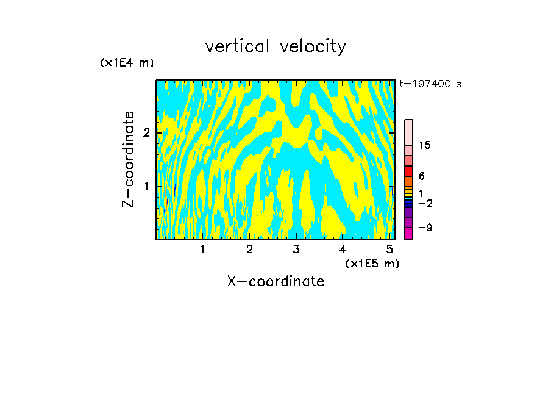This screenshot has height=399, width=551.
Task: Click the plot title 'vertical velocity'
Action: click(275, 46)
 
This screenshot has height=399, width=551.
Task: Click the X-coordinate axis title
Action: click(275, 281)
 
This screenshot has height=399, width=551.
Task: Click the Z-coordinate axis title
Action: click(128, 159)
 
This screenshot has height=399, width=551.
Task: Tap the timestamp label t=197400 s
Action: click(430, 84)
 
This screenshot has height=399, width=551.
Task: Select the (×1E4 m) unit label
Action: click(127, 63)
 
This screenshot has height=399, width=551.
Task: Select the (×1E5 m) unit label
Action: click(372, 264)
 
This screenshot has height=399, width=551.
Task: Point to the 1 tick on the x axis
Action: click(202, 250)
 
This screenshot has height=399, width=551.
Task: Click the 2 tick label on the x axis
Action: click(249, 250)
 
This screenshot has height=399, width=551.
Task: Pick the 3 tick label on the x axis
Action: click(296, 250)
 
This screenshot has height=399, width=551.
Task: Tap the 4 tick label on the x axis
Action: click(343, 250)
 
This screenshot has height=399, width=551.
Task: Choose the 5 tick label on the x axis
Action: click(389, 250)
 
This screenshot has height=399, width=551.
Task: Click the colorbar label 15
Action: click(425, 146)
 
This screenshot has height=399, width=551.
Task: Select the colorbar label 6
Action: click(421, 176)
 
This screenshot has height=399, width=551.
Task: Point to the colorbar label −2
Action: click(425, 204)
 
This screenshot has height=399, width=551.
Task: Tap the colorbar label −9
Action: click(425, 228)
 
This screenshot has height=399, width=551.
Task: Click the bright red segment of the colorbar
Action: click(409, 171)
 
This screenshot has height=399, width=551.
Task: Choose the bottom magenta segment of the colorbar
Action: click(409, 233)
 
